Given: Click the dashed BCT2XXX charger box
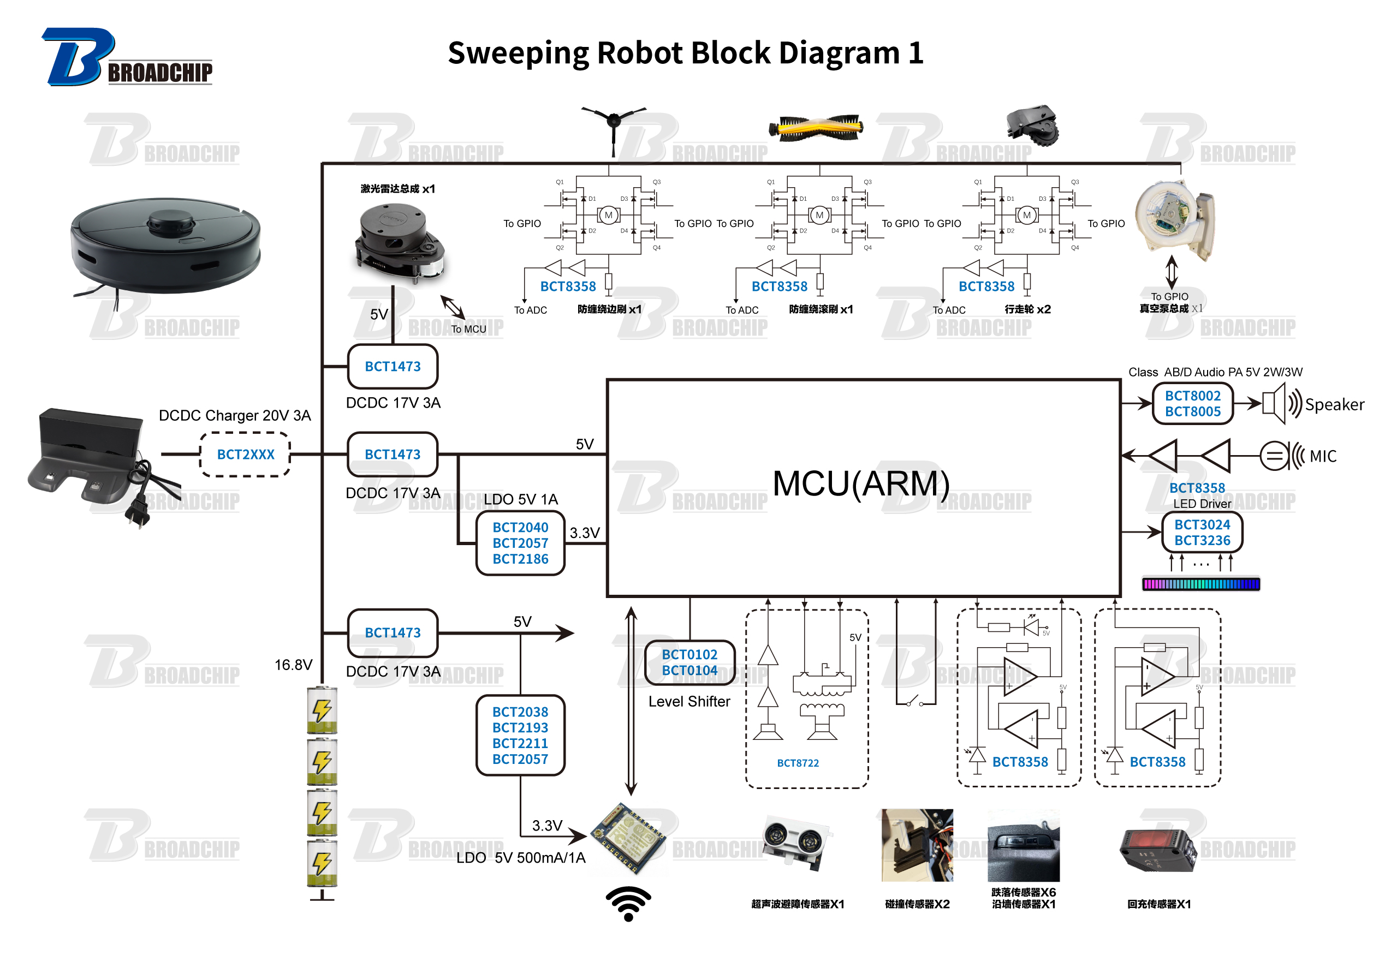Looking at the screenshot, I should coord(245,455).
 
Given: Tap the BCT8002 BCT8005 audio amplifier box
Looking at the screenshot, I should coord(1192,404).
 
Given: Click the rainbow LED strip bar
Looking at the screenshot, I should coord(1200,584).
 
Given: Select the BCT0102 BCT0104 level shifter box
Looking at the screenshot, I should coord(689,662).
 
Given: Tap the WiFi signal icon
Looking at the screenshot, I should coord(628,903).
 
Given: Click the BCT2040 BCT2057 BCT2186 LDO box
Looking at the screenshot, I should coord(520,543).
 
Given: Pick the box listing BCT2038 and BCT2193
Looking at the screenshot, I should coord(520,736).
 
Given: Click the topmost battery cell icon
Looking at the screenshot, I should coord(322,710).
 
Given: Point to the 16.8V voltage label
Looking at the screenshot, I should coord(293,665).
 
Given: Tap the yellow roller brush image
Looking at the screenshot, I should coord(816,128).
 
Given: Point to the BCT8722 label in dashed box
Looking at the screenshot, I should coord(798,763).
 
